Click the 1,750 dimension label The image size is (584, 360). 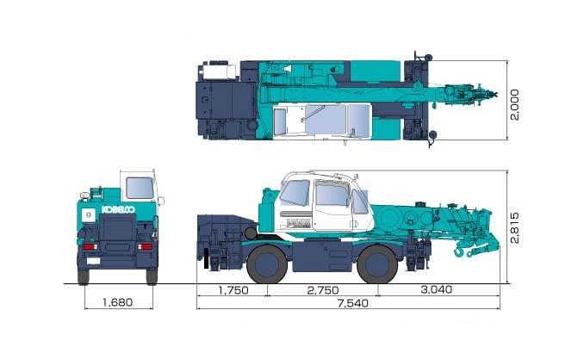click(x=233, y=290)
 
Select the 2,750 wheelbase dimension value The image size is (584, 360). click(x=323, y=290)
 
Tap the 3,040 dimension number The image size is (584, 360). click(x=437, y=289)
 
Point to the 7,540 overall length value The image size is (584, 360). click(x=352, y=303)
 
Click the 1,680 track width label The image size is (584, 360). click(x=118, y=302)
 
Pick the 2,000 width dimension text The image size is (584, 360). click(x=514, y=104)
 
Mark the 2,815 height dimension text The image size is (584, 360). click(x=514, y=228)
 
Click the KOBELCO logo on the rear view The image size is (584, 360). click(x=119, y=209)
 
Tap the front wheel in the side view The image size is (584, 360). click(x=377, y=264)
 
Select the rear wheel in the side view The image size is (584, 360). click(x=267, y=264)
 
